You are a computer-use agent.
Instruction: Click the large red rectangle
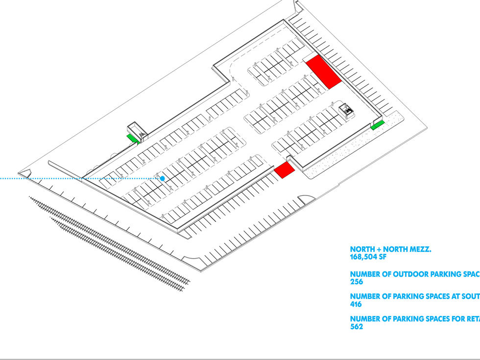coord(323,72)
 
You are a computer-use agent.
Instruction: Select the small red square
coord(284,169)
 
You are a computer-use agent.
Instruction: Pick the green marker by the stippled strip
coord(377,126)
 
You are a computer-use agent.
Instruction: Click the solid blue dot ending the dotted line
coord(162,178)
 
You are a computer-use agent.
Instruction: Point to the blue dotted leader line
coord(49,178)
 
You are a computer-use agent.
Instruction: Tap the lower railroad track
coord(118,255)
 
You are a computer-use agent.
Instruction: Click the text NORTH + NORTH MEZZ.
coord(390,249)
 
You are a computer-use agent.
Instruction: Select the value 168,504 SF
coord(370,257)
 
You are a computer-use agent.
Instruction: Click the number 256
coord(357,282)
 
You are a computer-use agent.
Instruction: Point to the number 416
coord(357,304)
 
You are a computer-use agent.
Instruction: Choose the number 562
coord(357,327)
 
